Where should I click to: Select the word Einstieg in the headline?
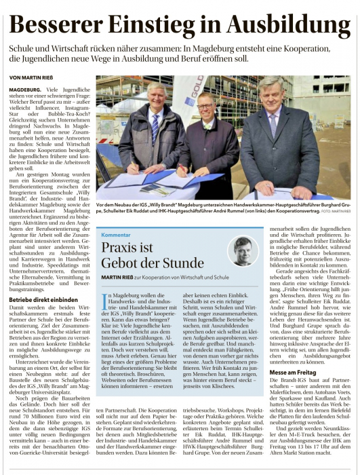pos(162,24)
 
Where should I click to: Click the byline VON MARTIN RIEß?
pos(33,78)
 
